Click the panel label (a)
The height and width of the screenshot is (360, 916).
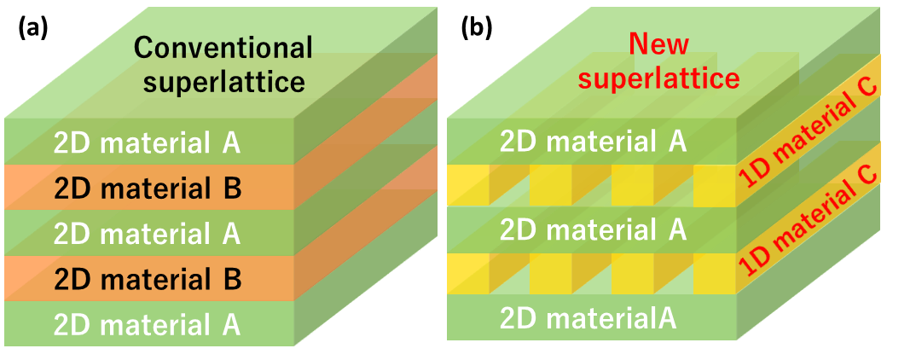click(33, 28)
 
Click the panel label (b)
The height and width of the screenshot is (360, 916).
click(476, 28)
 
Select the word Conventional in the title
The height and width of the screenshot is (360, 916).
click(224, 48)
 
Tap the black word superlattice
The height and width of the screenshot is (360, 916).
click(224, 82)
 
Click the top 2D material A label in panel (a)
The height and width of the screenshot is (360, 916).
click(147, 142)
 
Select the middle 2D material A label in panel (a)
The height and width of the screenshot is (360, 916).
click(147, 233)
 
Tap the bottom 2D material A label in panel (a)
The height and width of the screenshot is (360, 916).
click(147, 324)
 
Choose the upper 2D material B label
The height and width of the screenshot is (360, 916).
click(147, 188)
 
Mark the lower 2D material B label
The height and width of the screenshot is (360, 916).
click(147, 279)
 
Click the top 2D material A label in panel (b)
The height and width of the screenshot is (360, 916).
click(593, 141)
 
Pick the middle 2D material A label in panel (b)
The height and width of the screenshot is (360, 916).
click(593, 230)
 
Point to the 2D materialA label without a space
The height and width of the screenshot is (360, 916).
click(588, 319)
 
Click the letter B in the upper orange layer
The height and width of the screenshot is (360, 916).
click(231, 188)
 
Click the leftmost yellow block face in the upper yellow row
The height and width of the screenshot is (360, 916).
click(467, 186)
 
